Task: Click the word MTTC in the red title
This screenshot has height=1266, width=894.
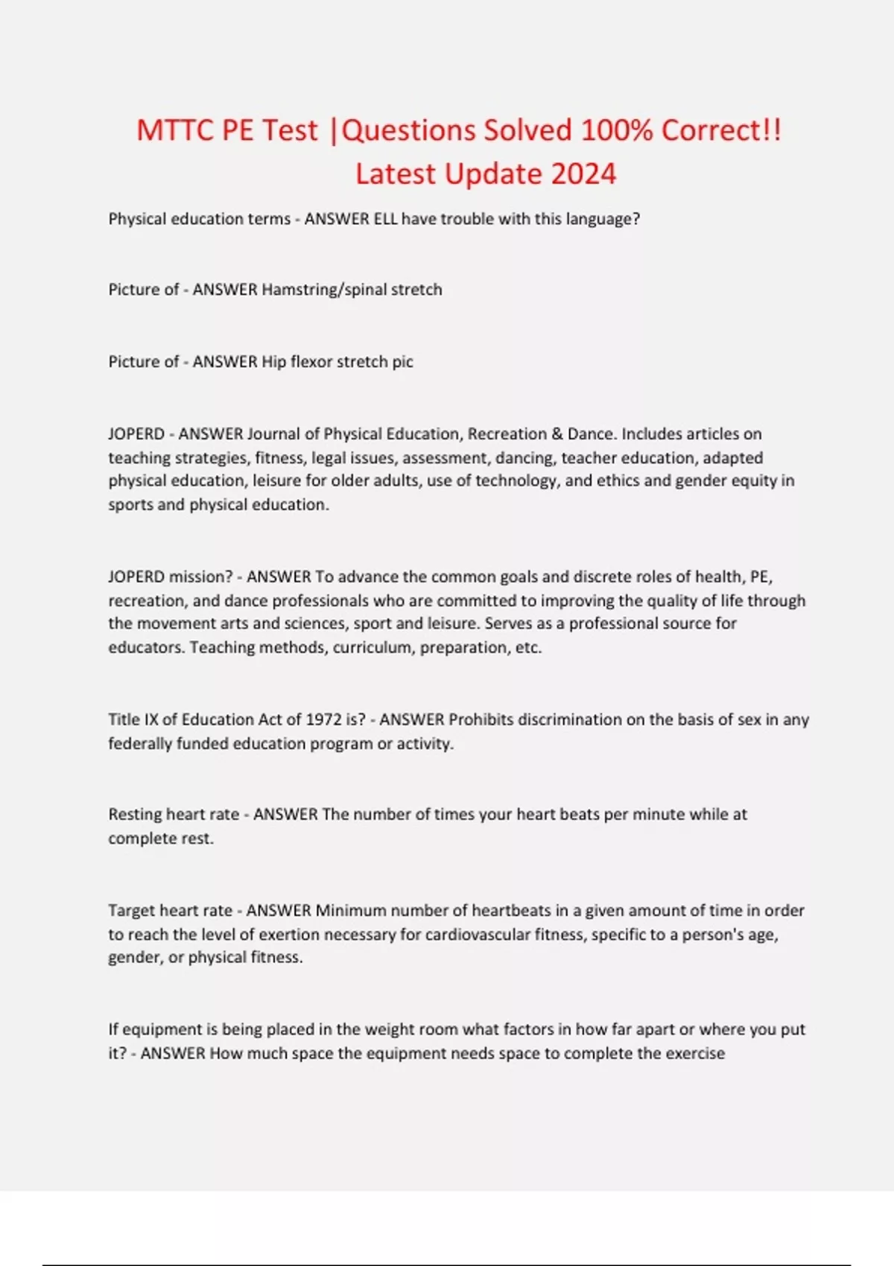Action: (x=174, y=130)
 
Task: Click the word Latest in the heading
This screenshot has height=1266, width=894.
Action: (x=395, y=174)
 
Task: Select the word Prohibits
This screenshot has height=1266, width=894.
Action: (x=481, y=720)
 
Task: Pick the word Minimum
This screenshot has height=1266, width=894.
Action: (x=351, y=911)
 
